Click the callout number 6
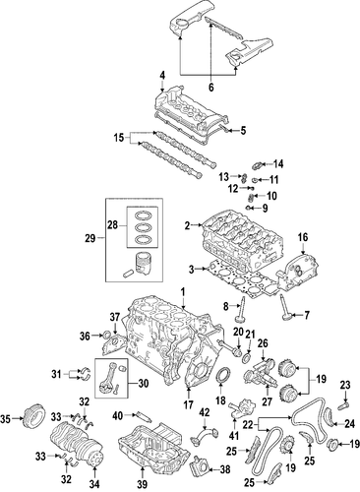210,88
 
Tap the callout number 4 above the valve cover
162,75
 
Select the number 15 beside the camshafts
119,138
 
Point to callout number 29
90,238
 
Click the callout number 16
303,238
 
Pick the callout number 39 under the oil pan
143,484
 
